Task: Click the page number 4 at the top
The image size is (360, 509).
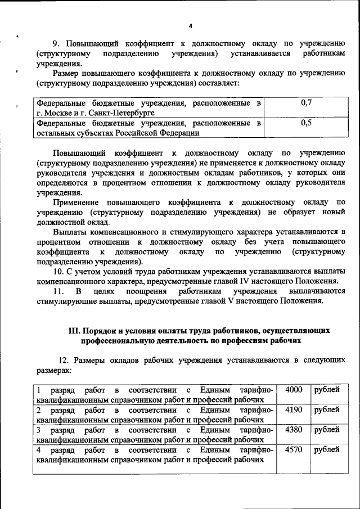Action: coord(191,26)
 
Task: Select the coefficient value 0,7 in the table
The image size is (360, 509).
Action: coord(307,102)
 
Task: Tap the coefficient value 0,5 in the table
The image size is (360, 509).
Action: coord(307,123)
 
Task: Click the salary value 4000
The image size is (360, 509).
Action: coord(294,390)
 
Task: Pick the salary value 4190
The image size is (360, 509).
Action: coord(294,409)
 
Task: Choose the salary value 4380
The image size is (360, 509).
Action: coord(294,430)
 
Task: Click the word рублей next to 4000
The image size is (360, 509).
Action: coord(327,390)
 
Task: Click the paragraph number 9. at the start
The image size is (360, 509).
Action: coord(56,43)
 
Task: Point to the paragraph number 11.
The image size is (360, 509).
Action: coord(57,291)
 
